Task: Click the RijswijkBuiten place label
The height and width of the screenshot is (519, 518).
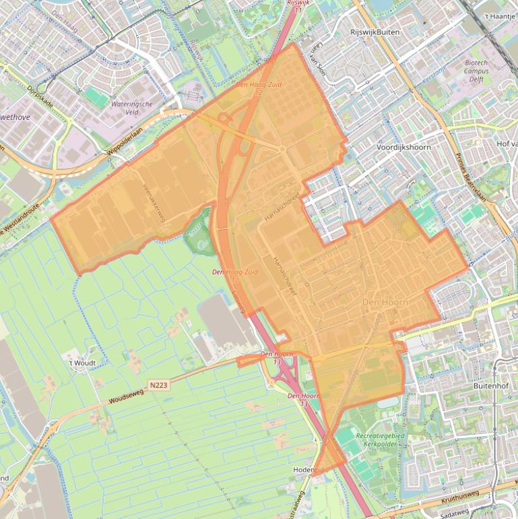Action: click(x=370, y=32)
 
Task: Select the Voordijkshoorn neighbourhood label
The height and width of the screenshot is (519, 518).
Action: click(x=403, y=146)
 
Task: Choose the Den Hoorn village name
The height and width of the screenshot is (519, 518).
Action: click(x=385, y=303)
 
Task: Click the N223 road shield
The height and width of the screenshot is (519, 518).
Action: click(x=159, y=385)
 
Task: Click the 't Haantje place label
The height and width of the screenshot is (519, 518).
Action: click(x=499, y=15)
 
